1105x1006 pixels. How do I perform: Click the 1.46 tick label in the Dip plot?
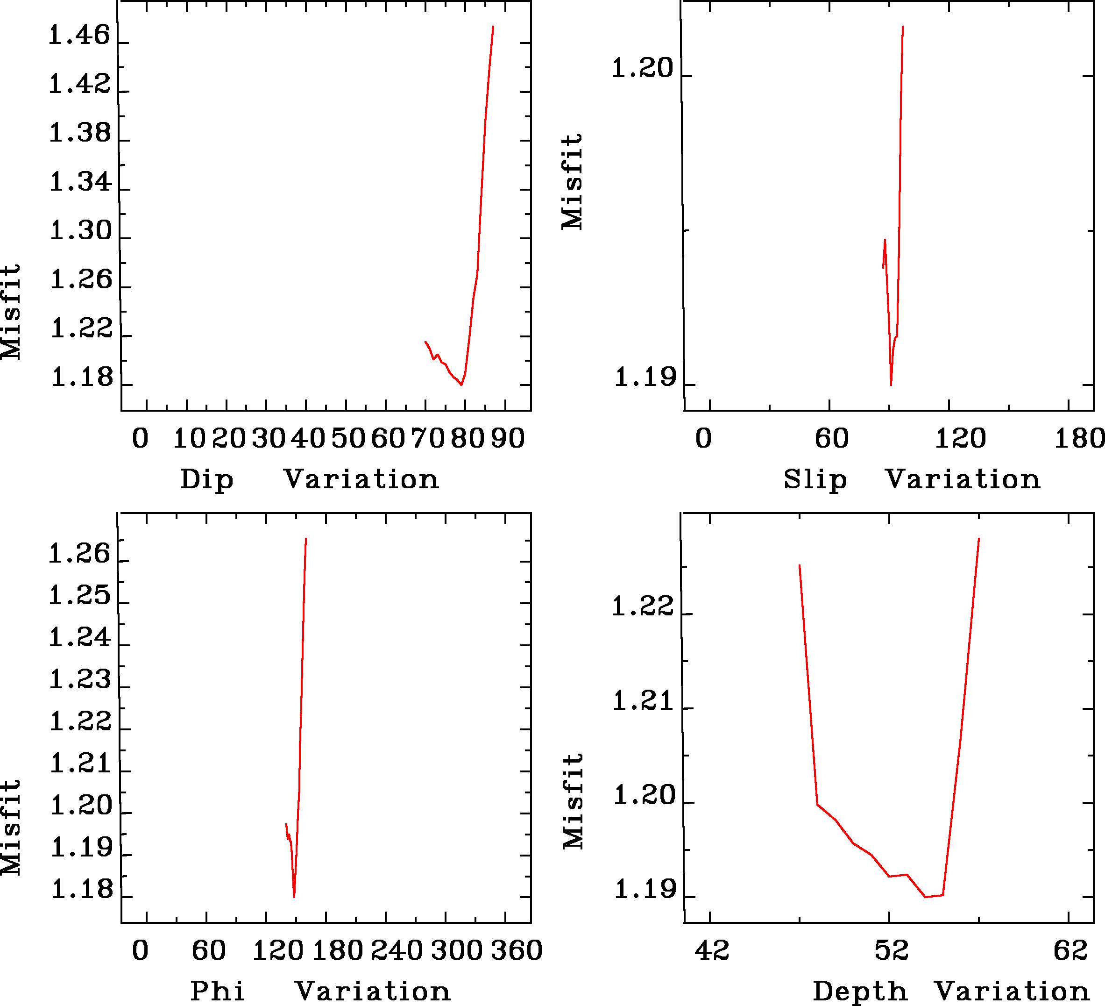[79, 36]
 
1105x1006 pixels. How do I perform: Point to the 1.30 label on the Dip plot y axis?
[81, 232]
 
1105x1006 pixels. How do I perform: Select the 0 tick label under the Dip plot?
[140, 439]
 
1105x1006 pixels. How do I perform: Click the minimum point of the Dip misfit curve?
[461, 385]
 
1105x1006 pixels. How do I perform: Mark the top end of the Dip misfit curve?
[493, 26]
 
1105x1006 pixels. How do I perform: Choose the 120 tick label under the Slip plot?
[960, 439]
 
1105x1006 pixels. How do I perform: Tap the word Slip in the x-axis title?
[815, 480]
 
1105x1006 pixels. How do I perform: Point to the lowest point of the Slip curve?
[891, 385]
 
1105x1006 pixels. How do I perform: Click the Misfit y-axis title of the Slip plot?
[572, 181]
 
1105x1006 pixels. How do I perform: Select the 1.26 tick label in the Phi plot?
[79, 555]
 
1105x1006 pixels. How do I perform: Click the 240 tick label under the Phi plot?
[397, 950]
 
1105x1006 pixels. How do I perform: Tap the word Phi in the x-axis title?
[217, 991]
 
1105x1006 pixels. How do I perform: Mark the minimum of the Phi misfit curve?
[294, 897]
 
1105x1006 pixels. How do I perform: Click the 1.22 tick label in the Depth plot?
[642, 607]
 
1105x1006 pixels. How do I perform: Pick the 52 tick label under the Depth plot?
[891, 950]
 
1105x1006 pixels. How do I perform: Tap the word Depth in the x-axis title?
[859, 991]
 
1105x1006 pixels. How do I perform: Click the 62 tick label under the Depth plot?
[1070, 950]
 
